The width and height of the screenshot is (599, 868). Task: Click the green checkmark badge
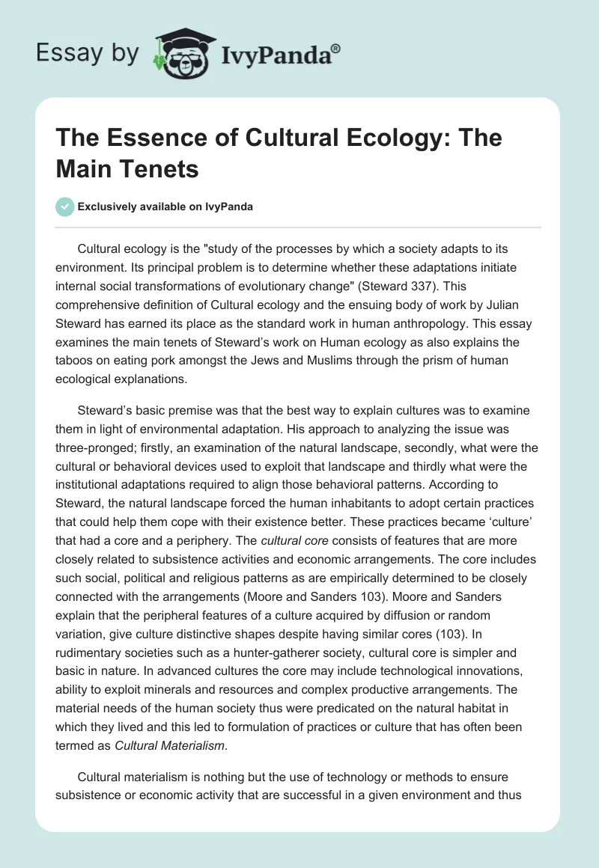tap(65, 207)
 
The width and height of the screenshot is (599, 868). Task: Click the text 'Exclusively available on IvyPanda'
tap(166, 207)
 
